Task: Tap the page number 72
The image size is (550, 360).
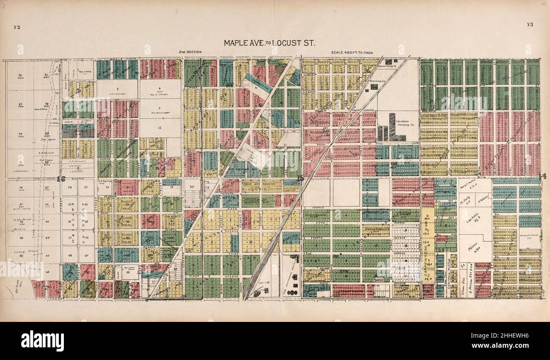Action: [17, 27]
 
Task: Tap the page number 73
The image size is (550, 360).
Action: [530, 25]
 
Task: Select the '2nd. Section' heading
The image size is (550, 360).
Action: [188, 52]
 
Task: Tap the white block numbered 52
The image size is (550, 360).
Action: [127, 272]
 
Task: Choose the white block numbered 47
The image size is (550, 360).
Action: [86, 256]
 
